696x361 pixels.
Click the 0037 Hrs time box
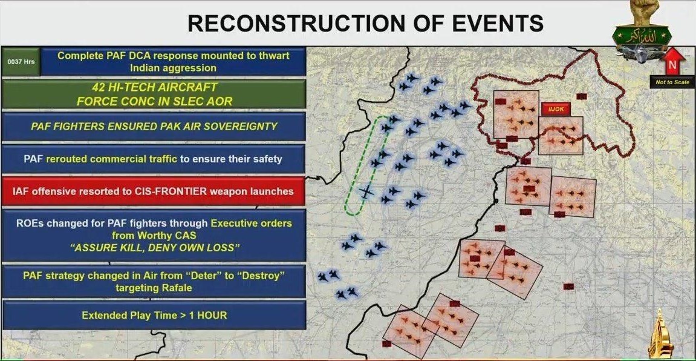point(21,62)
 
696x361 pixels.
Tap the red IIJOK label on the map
point(555,110)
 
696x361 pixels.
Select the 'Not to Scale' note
point(672,82)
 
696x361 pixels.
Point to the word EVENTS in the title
point(494,23)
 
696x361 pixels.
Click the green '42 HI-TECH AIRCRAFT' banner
point(154,94)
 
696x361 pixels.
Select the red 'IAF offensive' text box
point(154,191)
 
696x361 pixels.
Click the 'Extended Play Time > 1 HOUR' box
point(154,315)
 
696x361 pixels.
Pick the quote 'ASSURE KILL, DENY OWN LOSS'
point(154,248)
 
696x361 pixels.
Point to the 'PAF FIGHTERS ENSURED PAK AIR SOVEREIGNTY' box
point(154,127)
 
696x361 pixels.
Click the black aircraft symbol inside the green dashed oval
point(366,192)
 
